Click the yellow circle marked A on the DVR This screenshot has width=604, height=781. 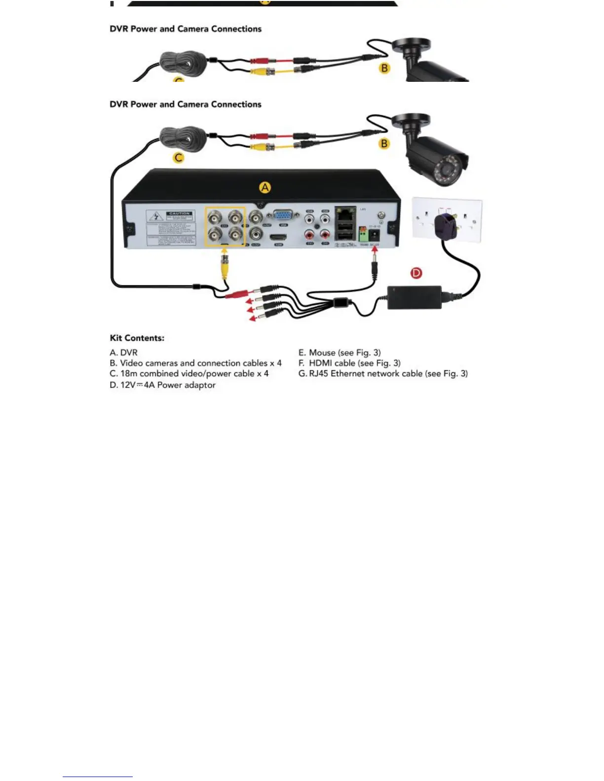[x=265, y=187]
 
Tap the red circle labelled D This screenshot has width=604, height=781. [x=416, y=273]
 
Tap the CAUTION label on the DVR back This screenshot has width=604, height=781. [x=179, y=213]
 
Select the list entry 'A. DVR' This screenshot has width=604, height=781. [x=124, y=353]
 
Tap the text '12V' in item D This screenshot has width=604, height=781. [x=128, y=385]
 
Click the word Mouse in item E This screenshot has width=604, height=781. [x=322, y=353]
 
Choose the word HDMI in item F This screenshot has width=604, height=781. [x=320, y=363]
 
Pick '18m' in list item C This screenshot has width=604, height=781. [x=129, y=374]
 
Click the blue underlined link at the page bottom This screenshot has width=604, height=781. [x=98, y=777]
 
